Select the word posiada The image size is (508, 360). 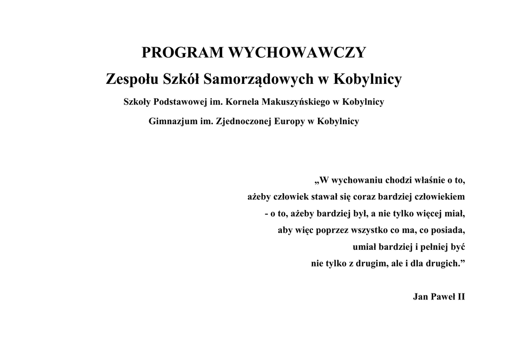449,231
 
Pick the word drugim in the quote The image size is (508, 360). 370,264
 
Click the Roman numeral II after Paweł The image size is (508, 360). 460,297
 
